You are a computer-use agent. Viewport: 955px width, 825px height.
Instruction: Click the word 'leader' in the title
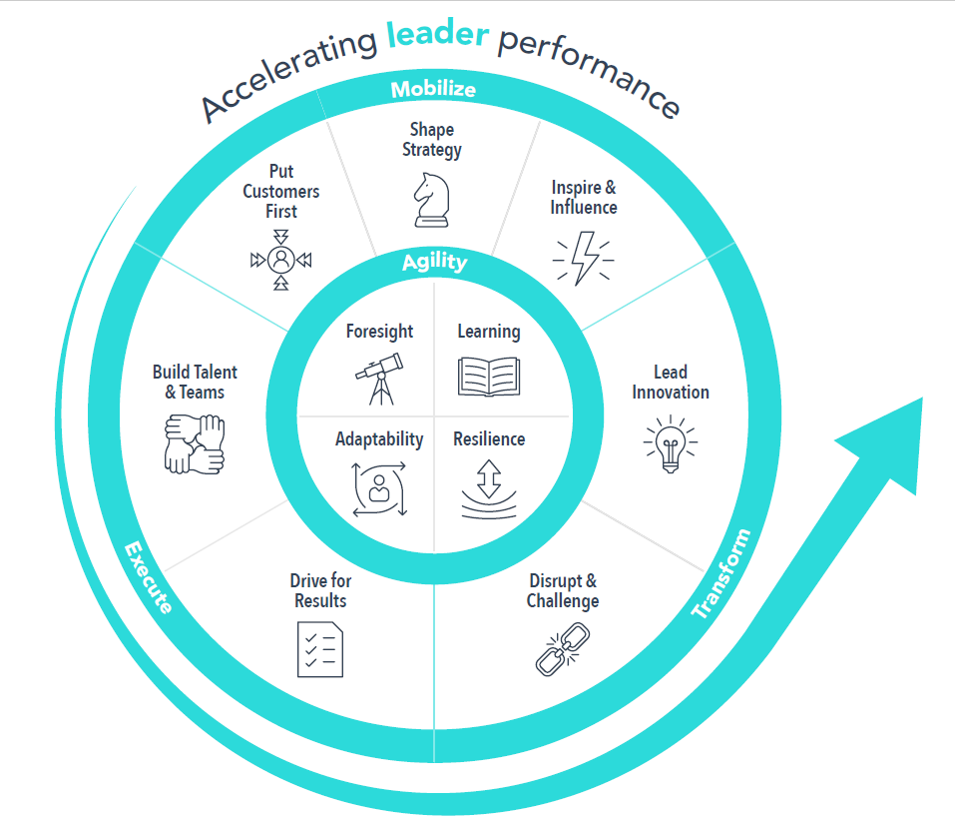(437, 36)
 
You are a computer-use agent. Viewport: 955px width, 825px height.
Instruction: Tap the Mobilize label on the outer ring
(432, 90)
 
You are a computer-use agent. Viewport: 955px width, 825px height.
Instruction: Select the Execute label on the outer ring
(148, 577)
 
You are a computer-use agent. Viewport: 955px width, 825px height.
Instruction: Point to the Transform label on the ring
(720, 574)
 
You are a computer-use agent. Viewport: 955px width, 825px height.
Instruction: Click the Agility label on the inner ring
(434, 263)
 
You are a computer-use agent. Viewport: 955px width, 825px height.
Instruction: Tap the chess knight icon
(432, 200)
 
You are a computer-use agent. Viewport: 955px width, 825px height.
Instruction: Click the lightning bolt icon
(583, 256)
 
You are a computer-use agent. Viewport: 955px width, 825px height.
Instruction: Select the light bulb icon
(670, 444)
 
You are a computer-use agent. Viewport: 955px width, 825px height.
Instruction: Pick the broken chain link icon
(562, 647)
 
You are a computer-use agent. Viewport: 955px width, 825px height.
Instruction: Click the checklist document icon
(320, 648)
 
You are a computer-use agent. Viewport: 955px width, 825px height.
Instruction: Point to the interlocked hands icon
(194, 443)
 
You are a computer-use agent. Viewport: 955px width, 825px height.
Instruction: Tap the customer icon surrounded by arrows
(281, 259)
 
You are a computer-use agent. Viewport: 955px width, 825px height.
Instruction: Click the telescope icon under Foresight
(379, 377)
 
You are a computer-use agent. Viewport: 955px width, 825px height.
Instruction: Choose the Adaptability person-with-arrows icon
(379, 488)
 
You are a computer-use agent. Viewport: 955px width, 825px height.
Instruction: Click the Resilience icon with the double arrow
(488, 488)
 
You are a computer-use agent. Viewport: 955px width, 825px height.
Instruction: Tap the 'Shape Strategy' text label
(432, 140)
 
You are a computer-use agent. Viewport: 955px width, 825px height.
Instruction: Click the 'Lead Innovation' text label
(670, 382)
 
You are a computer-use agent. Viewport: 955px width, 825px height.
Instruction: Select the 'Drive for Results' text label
(320, 590)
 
